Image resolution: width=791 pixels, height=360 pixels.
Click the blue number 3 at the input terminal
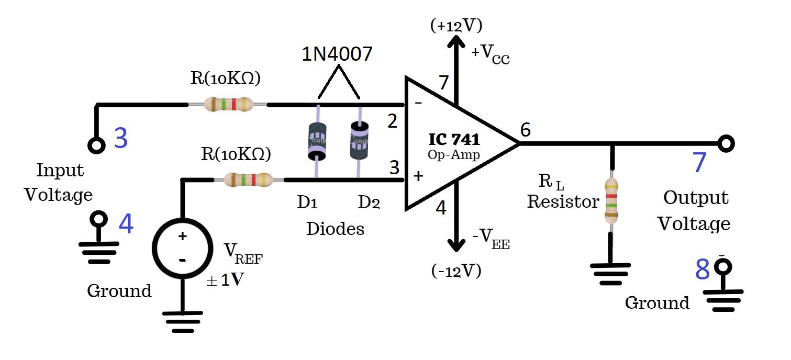120,138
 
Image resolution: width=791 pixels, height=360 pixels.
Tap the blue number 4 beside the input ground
126,224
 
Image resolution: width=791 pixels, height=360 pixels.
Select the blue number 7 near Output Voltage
699,163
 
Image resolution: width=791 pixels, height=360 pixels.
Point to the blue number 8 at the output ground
703,269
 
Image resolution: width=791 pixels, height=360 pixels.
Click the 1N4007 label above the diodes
337,54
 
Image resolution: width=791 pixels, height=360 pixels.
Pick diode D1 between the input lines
317,141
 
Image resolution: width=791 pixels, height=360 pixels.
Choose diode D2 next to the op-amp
359,140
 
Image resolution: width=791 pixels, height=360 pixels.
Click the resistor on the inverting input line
228,105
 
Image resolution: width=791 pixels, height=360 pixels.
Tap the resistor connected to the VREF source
248,180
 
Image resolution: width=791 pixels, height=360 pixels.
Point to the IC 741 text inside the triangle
454,140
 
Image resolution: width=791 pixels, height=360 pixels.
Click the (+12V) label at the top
456,25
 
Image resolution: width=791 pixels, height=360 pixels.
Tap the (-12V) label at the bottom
456,271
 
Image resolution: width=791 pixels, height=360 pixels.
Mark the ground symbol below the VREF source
182,320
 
